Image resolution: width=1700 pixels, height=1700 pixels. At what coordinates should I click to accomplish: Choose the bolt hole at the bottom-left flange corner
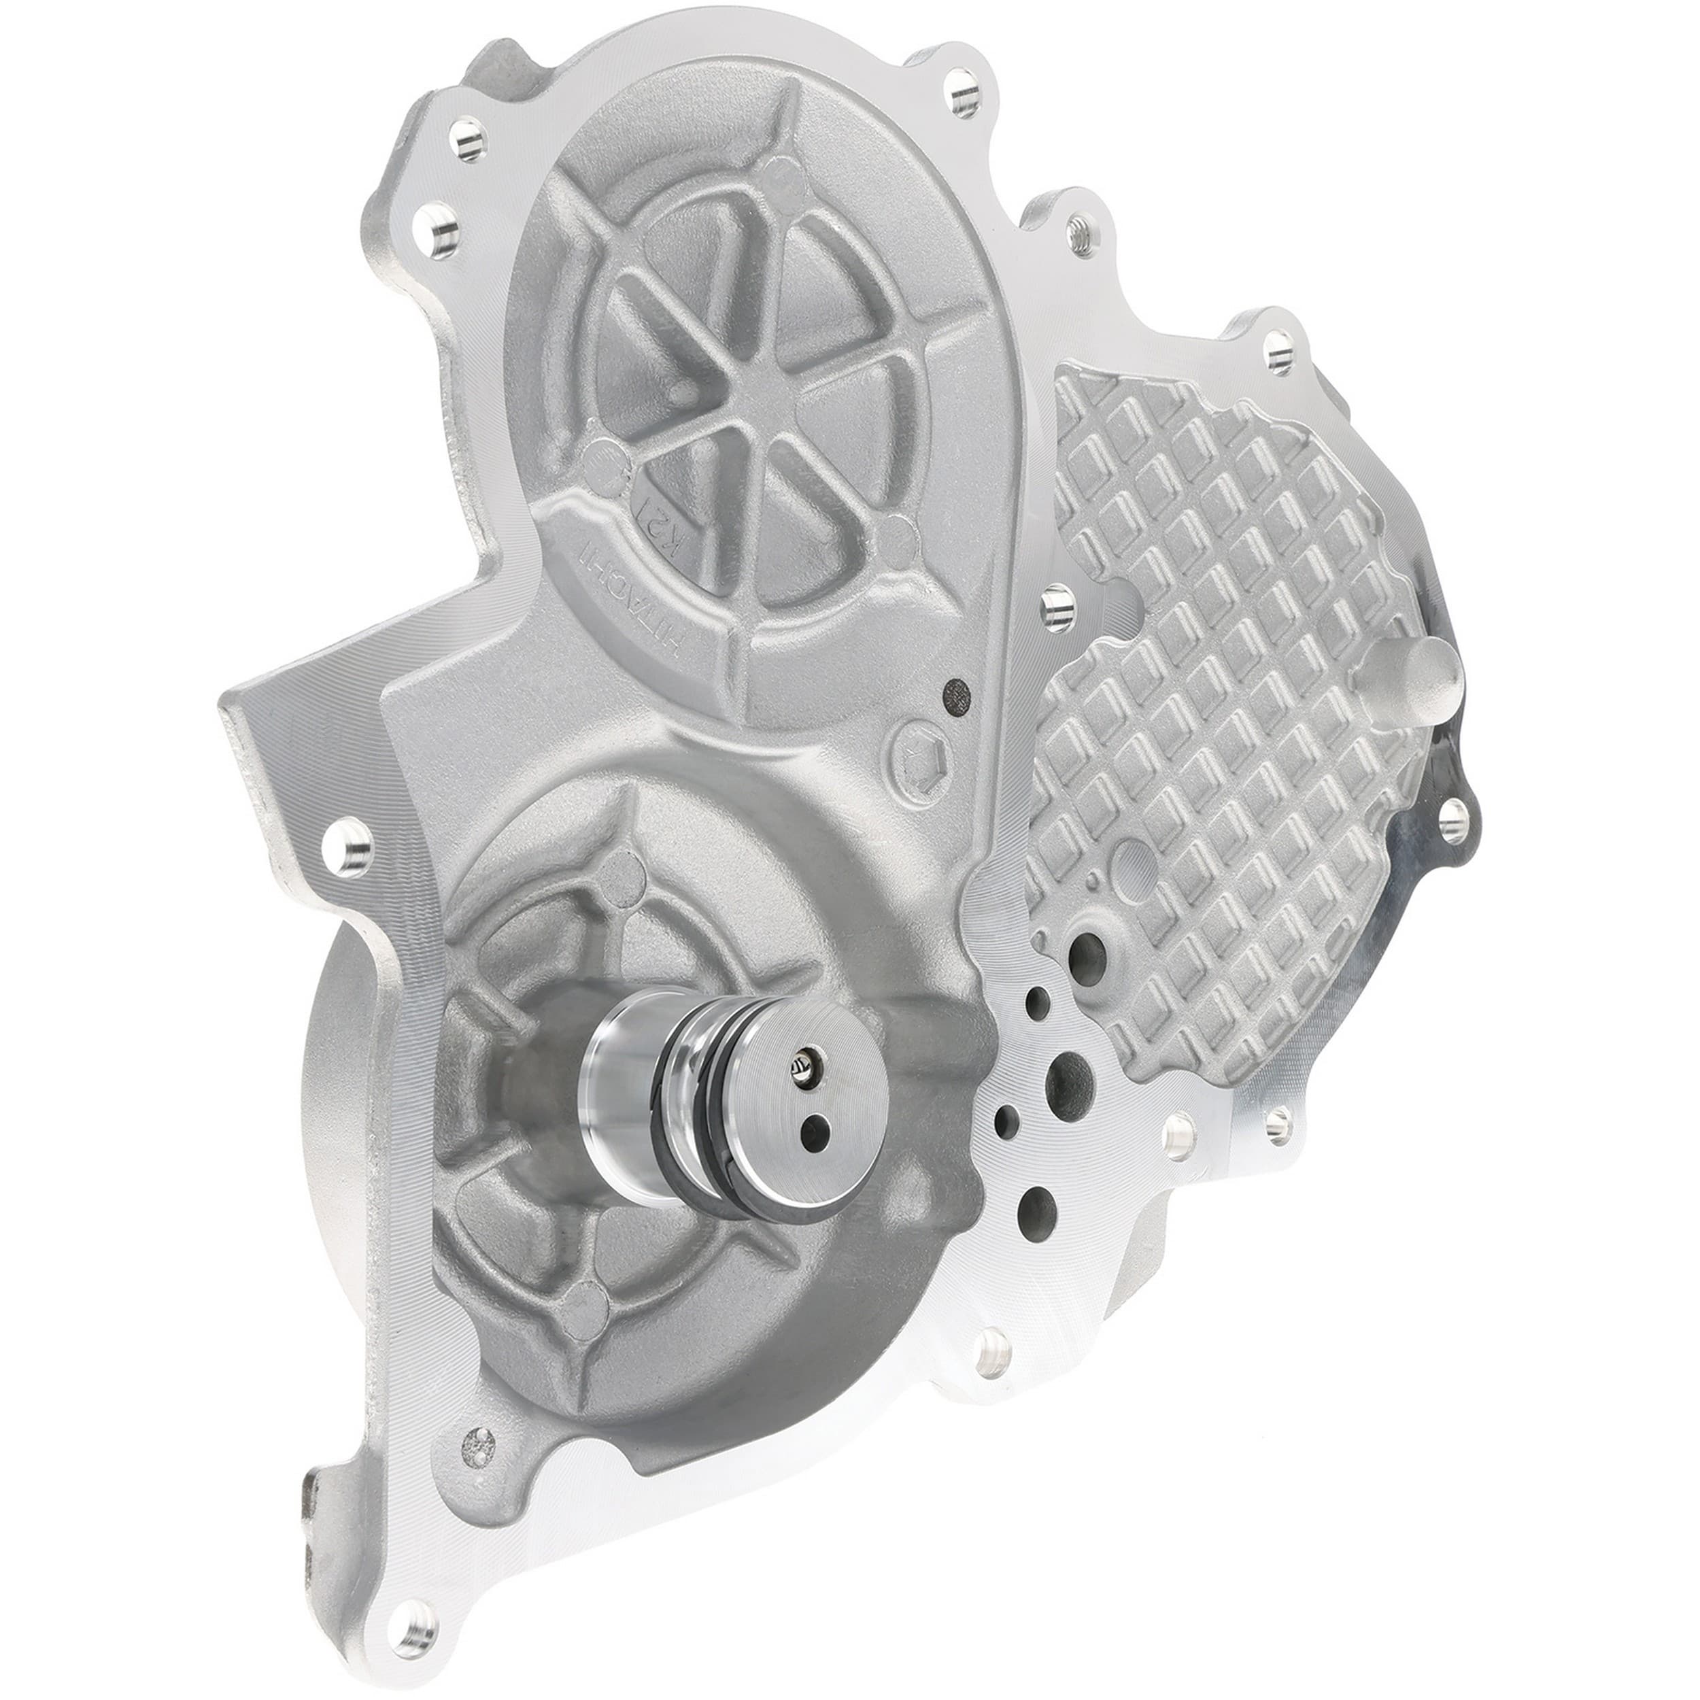(x=413, y=1591)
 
